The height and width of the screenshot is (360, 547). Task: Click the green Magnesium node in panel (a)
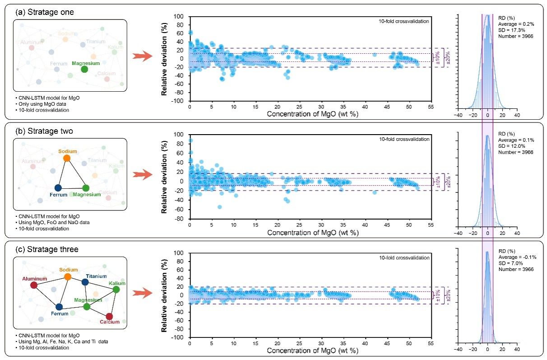(84, 69)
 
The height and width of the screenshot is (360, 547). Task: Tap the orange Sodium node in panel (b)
(67, 158)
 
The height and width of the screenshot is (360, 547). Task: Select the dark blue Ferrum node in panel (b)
(58, 187)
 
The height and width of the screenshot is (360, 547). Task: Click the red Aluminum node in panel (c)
(33, 285)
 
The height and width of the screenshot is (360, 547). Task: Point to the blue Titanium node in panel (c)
(85, 282)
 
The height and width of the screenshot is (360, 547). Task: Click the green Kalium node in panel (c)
(116, 290)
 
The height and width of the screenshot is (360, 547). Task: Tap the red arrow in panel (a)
(140, 56)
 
